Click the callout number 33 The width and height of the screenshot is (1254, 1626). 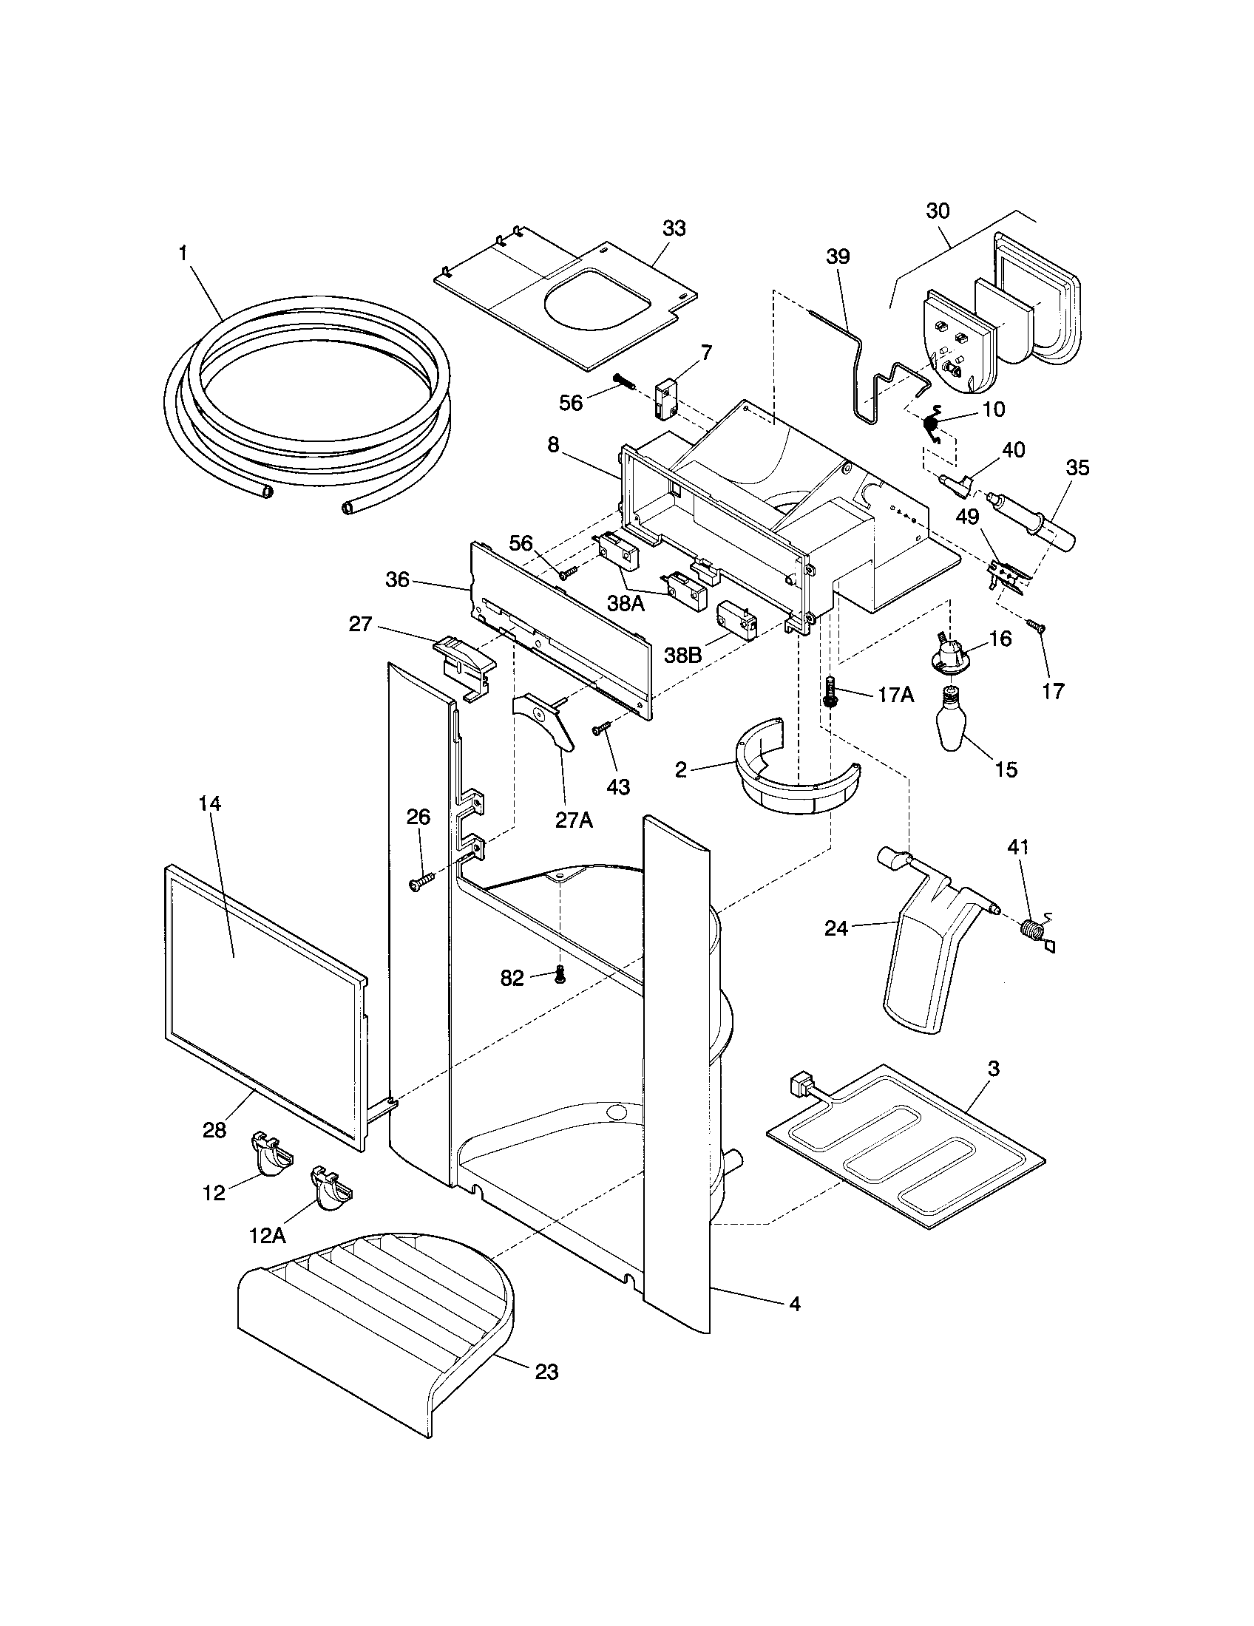674,228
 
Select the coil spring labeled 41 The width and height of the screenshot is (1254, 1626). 1031,930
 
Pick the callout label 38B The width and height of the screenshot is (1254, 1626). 683,654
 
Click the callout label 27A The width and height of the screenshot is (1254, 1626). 574,819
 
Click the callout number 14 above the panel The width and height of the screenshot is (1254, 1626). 210,804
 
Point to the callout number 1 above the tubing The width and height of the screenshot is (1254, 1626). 182,253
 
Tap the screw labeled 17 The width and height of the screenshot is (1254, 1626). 1035,626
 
